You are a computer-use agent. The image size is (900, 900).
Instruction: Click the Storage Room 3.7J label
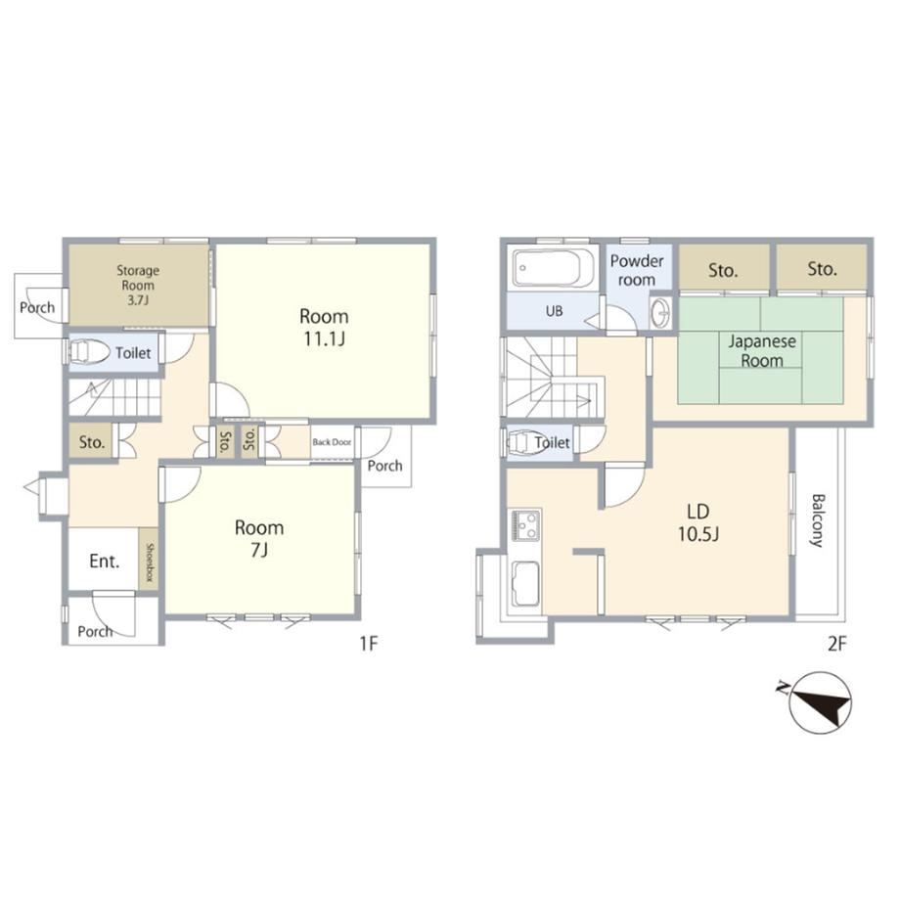pos(138,286)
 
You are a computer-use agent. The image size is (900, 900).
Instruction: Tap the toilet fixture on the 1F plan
pos(89,352)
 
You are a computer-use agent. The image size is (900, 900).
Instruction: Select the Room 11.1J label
pos(324,327)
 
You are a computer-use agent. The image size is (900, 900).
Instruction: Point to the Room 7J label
pos(259,538)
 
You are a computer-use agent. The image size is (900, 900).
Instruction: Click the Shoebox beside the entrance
pos(149,559)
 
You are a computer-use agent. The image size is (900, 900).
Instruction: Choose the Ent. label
pos(105,561)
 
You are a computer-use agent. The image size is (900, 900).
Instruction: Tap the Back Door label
pos(332,442)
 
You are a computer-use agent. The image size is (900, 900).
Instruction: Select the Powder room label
pos(637,270)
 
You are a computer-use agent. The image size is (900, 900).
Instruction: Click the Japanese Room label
pos(762,350)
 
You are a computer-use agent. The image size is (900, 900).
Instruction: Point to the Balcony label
pos(817,520)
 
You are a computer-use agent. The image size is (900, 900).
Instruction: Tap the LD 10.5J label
pos(698,522)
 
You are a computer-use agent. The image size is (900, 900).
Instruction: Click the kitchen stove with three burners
pos(526,524)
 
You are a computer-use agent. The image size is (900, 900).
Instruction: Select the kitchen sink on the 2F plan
pos(525,584)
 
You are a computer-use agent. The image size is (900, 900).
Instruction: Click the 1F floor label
pos(369,644)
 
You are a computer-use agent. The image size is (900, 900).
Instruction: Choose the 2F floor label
pos(836,644)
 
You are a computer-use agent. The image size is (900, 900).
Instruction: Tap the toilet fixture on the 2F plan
pos(524,442)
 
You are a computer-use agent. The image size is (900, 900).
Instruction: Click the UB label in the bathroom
pos(555,312)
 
